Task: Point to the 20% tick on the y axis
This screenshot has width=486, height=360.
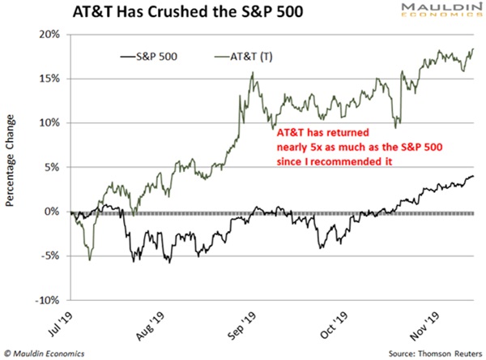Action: coord(46,35)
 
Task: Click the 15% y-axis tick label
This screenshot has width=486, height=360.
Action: coord(46,79)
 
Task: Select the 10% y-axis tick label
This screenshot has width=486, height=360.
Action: coord(46,123)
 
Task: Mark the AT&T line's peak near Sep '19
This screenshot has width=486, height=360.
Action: coord(254,72)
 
